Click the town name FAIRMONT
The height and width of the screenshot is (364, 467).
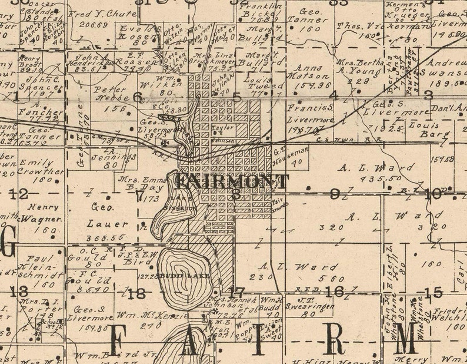point(233,181)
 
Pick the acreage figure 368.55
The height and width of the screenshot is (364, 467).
point(106,237)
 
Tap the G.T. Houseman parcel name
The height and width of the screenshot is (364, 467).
point(289,153)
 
